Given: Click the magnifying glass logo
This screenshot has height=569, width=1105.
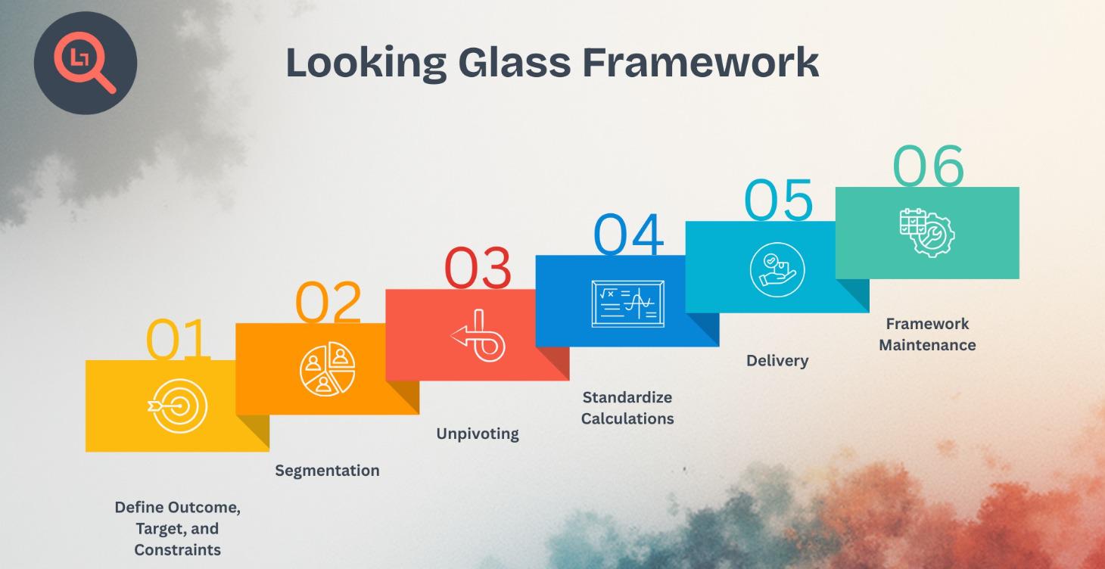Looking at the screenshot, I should point(85,64).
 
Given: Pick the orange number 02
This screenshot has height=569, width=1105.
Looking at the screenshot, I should point(328,303).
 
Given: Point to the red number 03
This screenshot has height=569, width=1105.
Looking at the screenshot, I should point(478,269).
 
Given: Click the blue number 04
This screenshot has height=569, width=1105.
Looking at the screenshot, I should point(628,234).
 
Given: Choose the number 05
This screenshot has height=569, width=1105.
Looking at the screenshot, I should point(778,200).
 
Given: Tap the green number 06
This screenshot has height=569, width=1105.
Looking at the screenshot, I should point(929,166).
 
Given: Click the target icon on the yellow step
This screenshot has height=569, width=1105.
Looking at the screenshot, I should point(176,406).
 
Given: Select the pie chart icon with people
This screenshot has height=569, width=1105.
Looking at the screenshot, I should point(327,370).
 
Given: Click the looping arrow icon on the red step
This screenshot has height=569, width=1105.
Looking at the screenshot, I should point(478,335).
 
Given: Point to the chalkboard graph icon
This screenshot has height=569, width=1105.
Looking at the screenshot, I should point(627,303).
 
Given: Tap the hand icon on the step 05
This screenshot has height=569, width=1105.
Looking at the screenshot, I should point(777,269).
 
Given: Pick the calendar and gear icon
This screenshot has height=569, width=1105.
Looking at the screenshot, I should point(926,232).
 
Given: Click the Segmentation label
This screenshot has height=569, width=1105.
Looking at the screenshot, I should point(327,471).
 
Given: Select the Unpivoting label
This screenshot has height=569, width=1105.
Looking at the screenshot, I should point(478,434).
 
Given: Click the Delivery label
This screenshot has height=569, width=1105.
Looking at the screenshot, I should point(777,361).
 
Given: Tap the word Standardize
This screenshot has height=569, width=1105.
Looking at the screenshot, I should point(627,397).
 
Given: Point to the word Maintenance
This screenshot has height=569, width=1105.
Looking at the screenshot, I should point(927,345).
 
